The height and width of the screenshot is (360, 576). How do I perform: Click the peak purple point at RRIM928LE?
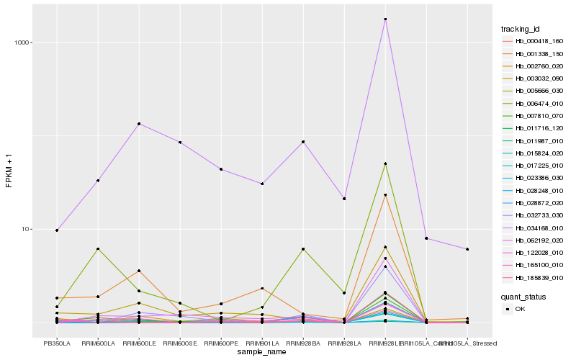[386, 19]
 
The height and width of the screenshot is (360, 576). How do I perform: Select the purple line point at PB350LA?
[57, 230]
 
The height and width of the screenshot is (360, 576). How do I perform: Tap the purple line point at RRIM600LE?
[139, 124]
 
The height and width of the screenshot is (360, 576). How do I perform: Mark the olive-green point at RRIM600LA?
[98, 248]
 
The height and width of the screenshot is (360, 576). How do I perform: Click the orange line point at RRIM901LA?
[262, 288]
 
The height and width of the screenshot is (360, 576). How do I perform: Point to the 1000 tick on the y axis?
[22, 42]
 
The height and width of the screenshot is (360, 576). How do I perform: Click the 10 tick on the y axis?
[26, 229]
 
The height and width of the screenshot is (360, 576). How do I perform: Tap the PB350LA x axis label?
[57, 343]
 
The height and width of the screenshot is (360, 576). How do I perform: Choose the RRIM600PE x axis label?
[221, 343]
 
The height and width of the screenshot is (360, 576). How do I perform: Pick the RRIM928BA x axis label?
[303, 343]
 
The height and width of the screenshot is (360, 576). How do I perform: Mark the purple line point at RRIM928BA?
[303, 142]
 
